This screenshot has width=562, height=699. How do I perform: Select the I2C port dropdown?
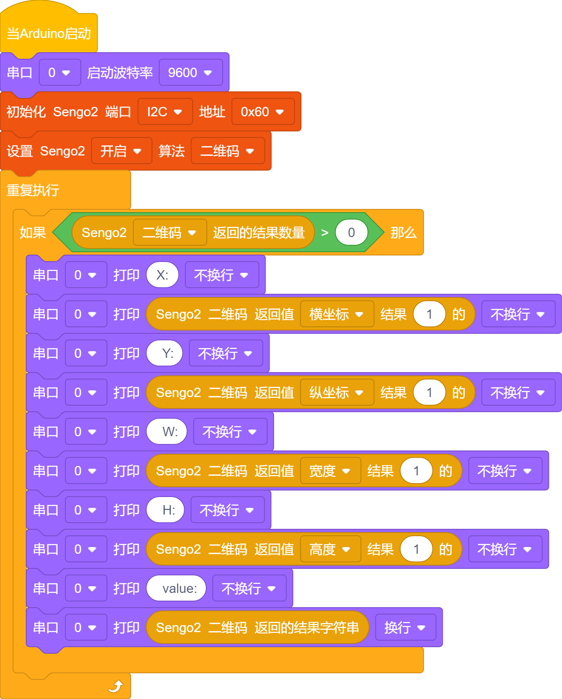click(165, 112)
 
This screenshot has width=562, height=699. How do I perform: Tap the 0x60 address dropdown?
click(263, 112)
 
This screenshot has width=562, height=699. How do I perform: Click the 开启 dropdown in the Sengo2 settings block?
click(121, 151)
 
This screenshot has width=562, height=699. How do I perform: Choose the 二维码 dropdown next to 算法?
click(228, 151)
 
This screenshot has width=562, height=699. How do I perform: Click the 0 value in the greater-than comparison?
click(352, 233)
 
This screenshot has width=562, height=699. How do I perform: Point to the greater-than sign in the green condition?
click(325, 233)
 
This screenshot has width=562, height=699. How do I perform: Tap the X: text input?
click(163, 275)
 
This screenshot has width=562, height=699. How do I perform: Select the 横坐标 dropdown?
click(337, 314)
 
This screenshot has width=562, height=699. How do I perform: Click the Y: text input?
click(165, 353)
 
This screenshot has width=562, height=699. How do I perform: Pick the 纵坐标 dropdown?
click(337, 393)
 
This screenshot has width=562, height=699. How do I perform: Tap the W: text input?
click(167, 432)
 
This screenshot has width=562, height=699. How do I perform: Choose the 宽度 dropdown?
click(330, 471)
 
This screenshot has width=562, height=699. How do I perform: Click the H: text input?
click(165, 510)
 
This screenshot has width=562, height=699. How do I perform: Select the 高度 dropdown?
click(330, 549)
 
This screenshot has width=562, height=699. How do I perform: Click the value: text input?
click(176, 588)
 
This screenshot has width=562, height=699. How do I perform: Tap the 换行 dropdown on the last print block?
click(406, 628)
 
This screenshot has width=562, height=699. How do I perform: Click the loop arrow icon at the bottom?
click(116, 686)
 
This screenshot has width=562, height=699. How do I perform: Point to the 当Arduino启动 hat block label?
click(49, 33)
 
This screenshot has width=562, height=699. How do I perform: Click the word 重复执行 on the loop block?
click(33, 190)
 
